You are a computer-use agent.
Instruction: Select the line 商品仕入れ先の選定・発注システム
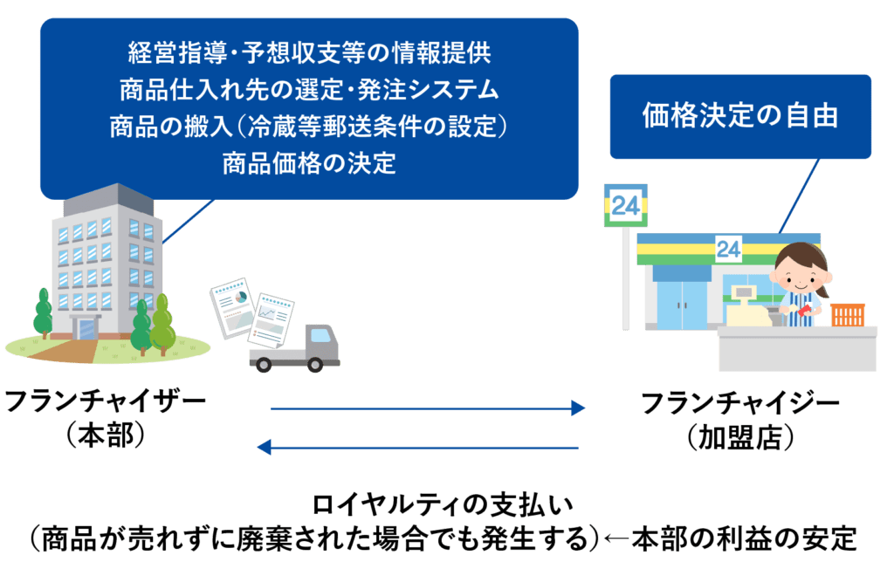coord(309,89)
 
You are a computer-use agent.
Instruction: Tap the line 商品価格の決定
coord(309,163)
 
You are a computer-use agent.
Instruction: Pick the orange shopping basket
coord(847,314)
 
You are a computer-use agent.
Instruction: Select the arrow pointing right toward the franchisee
coord(428,408)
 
